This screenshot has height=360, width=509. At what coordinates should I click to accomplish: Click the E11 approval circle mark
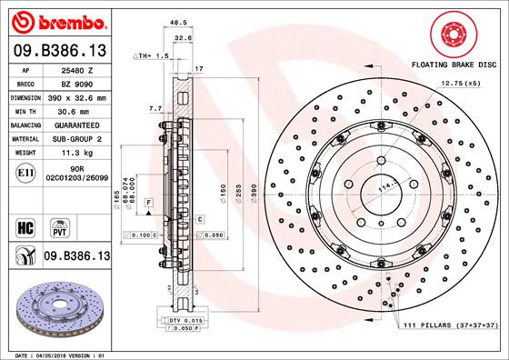coord(25,173)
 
